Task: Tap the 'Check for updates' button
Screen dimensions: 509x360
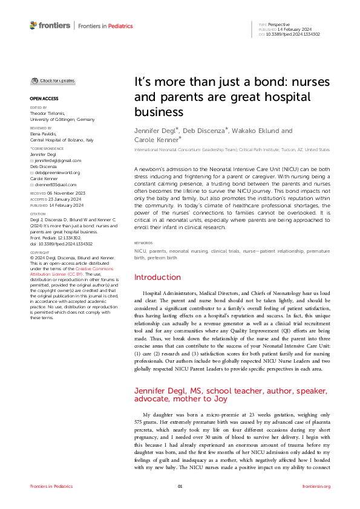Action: click(x=54, y=80)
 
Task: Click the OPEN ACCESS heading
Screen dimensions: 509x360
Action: click(x=44, y=98)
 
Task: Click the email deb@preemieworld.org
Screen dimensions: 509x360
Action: click(x=57, y=172)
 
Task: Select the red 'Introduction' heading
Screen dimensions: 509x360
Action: click(x=158, y=277)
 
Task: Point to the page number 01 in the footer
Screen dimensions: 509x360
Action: click(x=180, y=486)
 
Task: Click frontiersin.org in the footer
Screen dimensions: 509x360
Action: click(x=316, y=486)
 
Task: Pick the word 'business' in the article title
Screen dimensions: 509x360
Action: click(x=158, y=112)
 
